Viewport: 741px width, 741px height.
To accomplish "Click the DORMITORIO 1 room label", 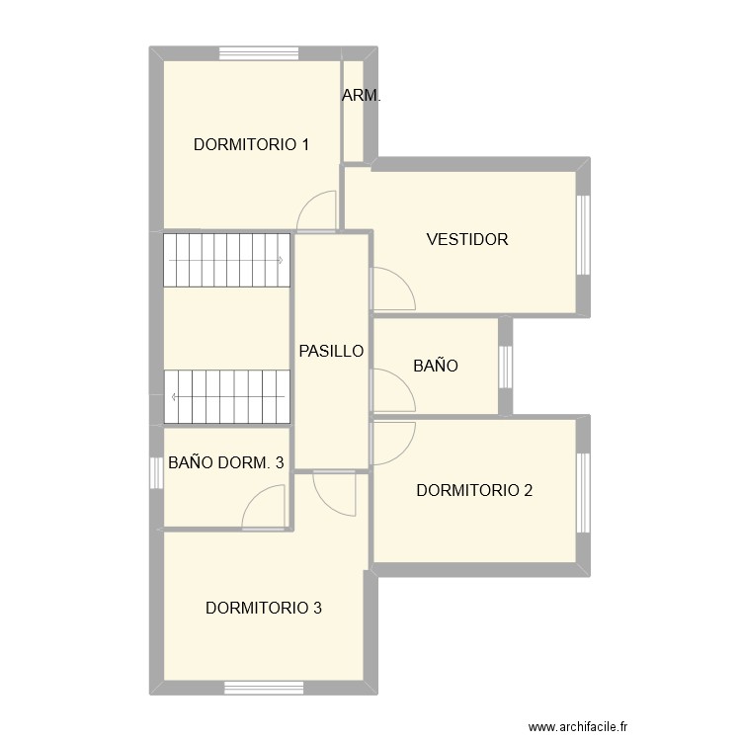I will coord(252,144).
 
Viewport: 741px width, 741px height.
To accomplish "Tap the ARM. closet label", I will coord(361,96).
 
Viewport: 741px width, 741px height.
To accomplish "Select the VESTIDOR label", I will coord(467,239).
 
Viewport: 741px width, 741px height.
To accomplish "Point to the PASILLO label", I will coord(332,351).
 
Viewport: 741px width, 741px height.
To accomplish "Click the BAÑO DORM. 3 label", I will coord(226,461).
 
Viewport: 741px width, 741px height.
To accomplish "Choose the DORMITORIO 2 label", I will coord(475,490).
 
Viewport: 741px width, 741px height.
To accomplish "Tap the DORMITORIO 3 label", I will coord(263,608).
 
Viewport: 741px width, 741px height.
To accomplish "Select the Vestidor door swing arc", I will coord(392,288).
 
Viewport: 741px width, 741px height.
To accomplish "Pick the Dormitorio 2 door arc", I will coord(393,441).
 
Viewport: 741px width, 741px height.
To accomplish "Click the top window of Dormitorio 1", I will coord(259,53).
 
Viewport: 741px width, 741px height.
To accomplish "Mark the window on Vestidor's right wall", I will coord(583,235).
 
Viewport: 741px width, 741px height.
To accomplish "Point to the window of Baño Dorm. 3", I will coord(155,472).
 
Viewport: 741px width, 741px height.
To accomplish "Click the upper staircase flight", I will coord(226,260).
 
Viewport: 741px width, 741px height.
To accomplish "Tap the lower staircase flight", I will coord(226,397).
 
